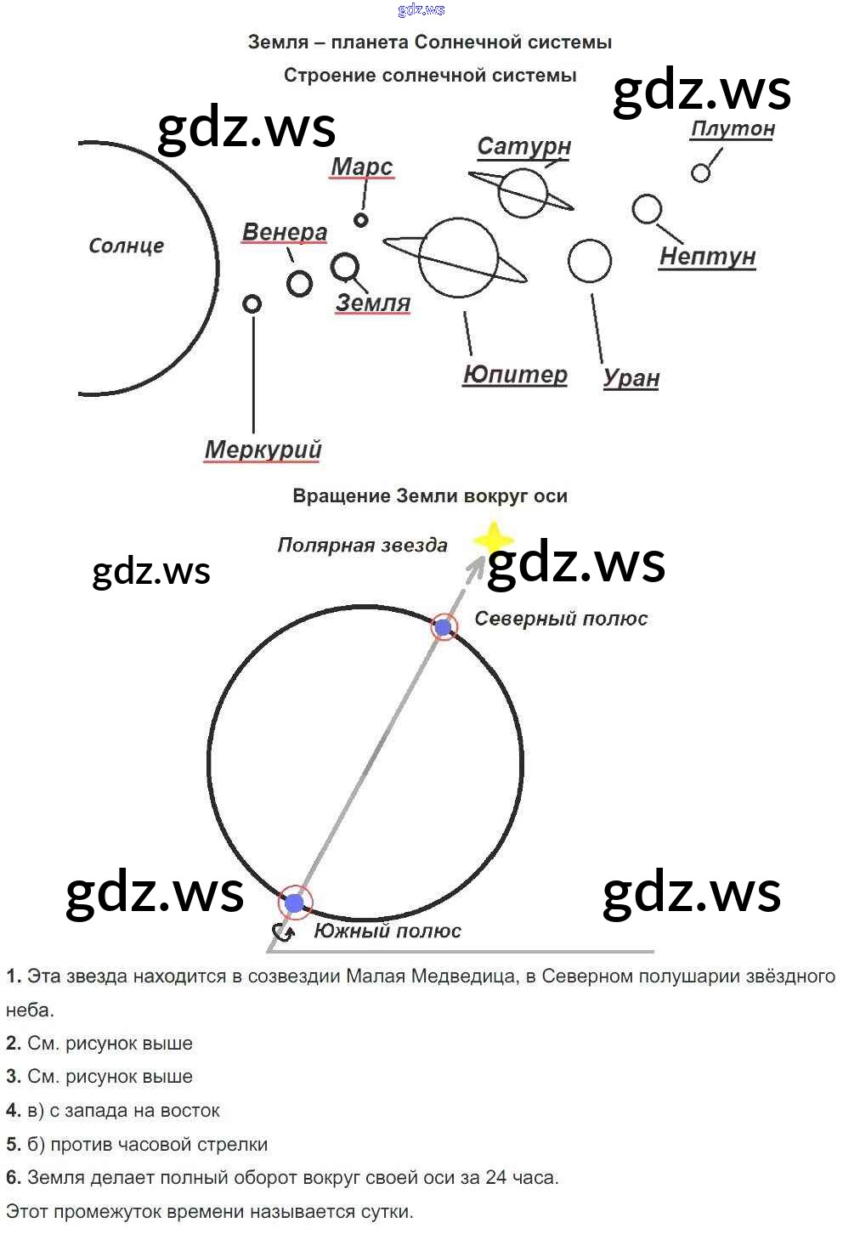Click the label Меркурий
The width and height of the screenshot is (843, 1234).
click(263, 449)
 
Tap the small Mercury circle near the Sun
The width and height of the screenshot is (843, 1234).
click(252, 303)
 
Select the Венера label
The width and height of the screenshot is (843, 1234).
click(285, 232)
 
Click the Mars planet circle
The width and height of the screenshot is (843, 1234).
click(361, 220)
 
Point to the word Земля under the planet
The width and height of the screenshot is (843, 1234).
click(373, 303)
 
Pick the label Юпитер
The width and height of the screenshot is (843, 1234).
click(515, 375)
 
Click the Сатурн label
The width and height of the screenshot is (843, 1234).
click(523, 146)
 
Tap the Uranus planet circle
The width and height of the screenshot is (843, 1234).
click(589, 261)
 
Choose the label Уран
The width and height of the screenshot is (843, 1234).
click(631, 377)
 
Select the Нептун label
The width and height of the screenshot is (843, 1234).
click(707, 256)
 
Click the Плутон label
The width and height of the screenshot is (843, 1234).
click(733, 129)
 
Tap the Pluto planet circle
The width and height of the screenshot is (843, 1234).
click(700, 173)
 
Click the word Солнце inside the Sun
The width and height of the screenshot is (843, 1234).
click(126, 246)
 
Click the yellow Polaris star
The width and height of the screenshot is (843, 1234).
click(493, 539)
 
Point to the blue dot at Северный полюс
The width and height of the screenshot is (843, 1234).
click(443, 628)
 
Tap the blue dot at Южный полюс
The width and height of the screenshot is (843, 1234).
click(295, 903)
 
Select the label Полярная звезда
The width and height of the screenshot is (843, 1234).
click(362, 546)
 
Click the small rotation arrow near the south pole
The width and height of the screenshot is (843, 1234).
click(284, 932)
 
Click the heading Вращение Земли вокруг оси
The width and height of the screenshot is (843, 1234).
click(430, 496)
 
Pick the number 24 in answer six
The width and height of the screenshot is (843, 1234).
click(496, 1178)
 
